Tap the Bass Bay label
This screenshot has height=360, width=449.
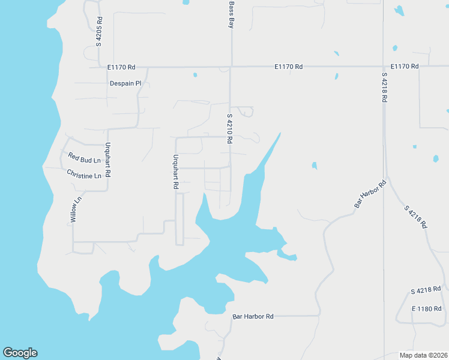pos(231,14)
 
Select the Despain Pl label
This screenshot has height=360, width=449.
pos(125,83)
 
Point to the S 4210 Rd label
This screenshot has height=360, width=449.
pos(229,128)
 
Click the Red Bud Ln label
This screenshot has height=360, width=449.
pos(84,159)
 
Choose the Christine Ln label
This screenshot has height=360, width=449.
pos(83,175)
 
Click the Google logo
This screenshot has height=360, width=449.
pos(20,353)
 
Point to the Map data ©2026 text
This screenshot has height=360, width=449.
pos(423,355)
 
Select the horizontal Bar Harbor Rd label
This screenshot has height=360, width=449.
pos(253,316)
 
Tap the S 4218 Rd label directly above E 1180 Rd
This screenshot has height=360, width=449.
pos(426,290)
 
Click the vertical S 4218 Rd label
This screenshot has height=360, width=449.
pos(384,88)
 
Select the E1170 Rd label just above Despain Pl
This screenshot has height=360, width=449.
pos(122,67)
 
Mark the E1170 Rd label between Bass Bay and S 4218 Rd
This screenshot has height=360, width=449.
pos(289,67)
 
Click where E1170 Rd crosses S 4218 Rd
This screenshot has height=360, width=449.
pos(384,66)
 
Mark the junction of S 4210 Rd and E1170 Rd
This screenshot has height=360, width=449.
pos(231,66)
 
